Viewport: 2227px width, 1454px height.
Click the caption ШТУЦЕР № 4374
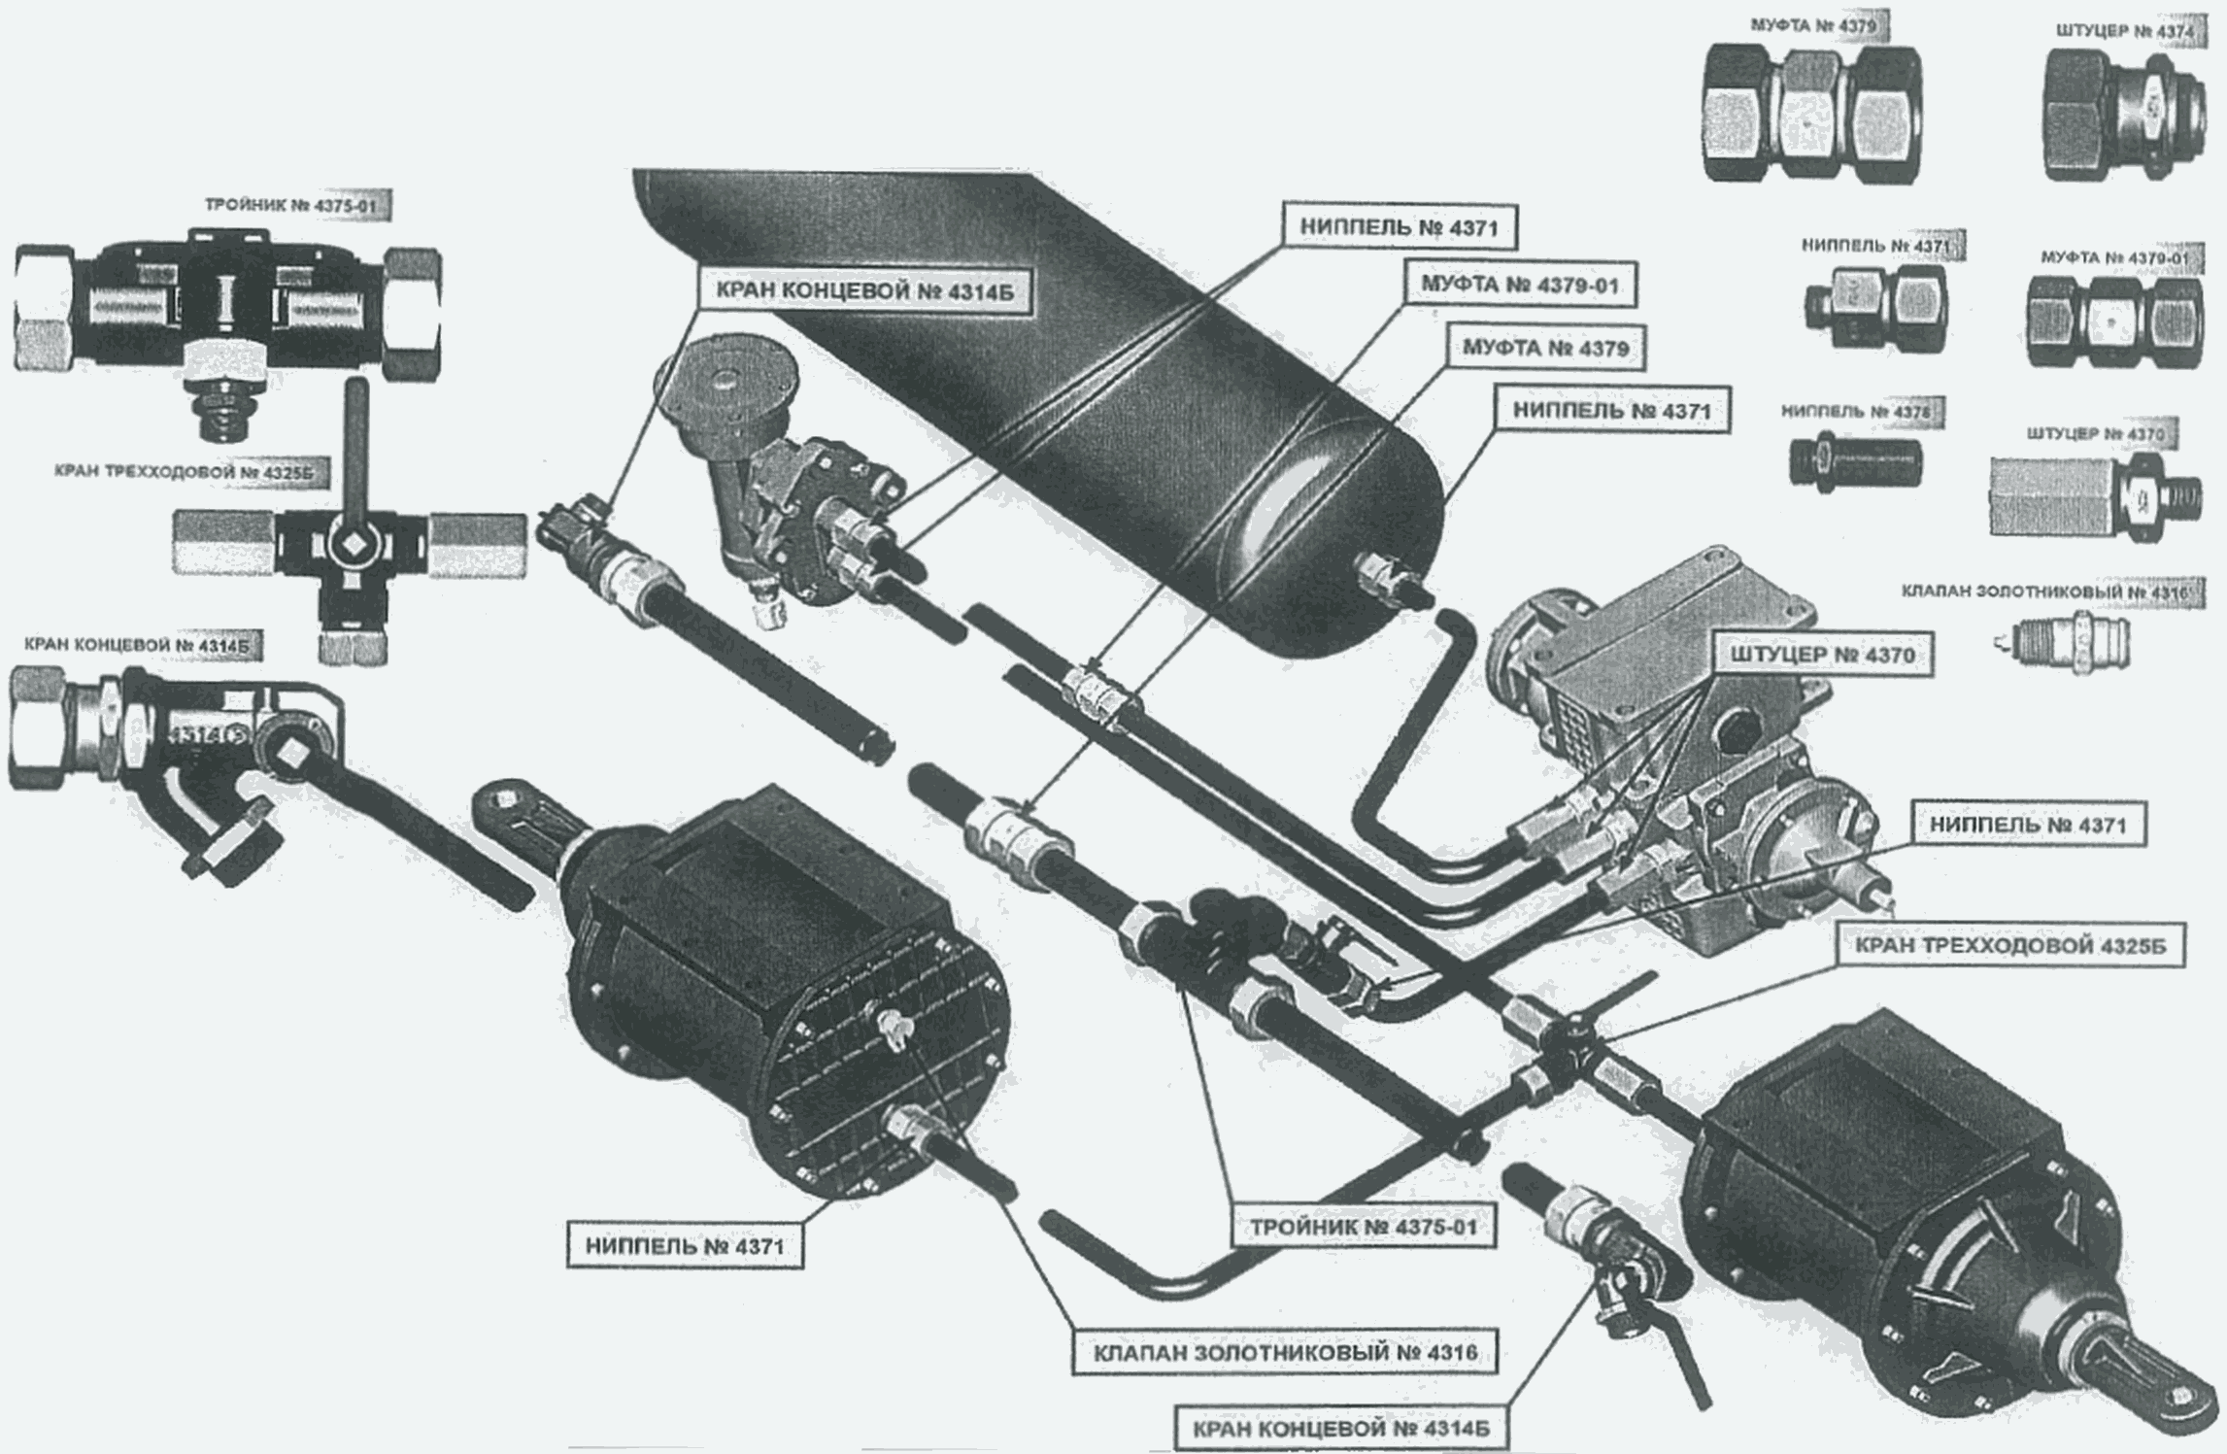coord(2122,31)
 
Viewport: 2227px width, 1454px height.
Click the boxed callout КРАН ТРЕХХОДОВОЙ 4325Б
coord(2009,946)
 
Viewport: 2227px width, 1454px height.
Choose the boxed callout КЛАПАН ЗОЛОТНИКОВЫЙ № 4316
coord(1284,1352)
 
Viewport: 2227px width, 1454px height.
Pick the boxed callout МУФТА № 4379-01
coord(1519,286)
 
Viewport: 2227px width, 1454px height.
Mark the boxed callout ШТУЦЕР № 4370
coord(1822,656)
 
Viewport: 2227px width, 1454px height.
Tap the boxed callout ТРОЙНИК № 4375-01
coord(1362,1227)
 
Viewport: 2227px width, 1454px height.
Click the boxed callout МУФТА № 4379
coord(1544,348)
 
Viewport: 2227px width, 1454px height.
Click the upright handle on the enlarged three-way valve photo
coord(357,427)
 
